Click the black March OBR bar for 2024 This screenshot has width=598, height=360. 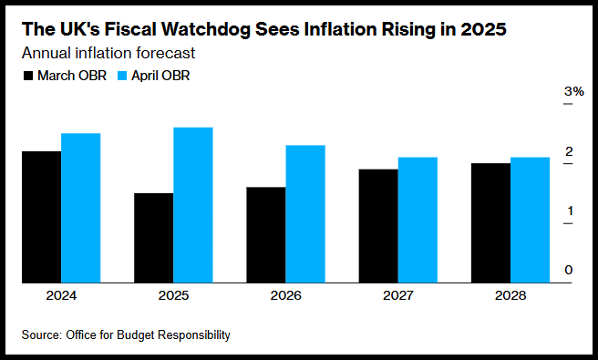[x=42, y=217]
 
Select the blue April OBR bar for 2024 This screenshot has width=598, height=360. [x=81, y=208]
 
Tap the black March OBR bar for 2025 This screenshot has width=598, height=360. [x=154, y=238]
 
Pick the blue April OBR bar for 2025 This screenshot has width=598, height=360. [x=193, y=205]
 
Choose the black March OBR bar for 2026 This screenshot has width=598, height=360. [x=266, y=235]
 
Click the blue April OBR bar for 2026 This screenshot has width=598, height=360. [x=305, y=214]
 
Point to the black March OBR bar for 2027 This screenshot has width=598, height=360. [x=378, y=226]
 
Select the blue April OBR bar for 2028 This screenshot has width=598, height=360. [x=531, y=220]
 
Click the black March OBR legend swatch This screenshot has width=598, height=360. [x=28, y=76]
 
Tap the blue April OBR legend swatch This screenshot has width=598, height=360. [x=122, y=76]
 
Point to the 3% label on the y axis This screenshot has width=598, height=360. [x=574, y=91]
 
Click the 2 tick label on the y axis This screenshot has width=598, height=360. [x=569, y=151]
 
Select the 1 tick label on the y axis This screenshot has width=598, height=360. [x=570, y=211]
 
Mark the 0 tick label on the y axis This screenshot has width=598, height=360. [x=569, y=270]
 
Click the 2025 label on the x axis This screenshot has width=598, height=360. [x=173, y=295]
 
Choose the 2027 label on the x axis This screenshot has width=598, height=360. [x=398, y=295]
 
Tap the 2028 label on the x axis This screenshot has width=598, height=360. [x=510, y=295]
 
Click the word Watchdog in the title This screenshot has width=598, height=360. [x=194, y=30]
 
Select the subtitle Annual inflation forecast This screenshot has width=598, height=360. [x=108, y=53]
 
